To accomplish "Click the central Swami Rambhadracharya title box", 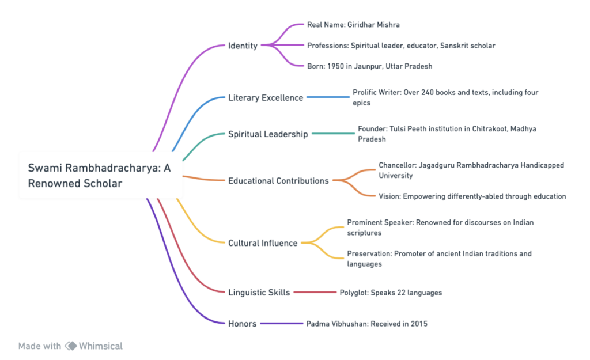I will pos(101,175).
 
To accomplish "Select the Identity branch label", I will pos(243,46).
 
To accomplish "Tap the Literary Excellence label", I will pos(265,97).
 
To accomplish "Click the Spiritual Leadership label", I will pos(268,134).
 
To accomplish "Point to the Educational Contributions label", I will pos(278,180).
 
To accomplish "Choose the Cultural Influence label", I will pos(262,242).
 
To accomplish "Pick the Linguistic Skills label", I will pos(258,293).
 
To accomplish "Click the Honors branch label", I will pos(242,323).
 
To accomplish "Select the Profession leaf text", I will pos(401,45).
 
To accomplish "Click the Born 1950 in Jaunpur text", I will pos(369,66).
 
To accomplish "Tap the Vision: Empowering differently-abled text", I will pos(472,196).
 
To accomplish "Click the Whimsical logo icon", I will pos(71,346).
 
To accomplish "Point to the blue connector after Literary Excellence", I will pos(328,97).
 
